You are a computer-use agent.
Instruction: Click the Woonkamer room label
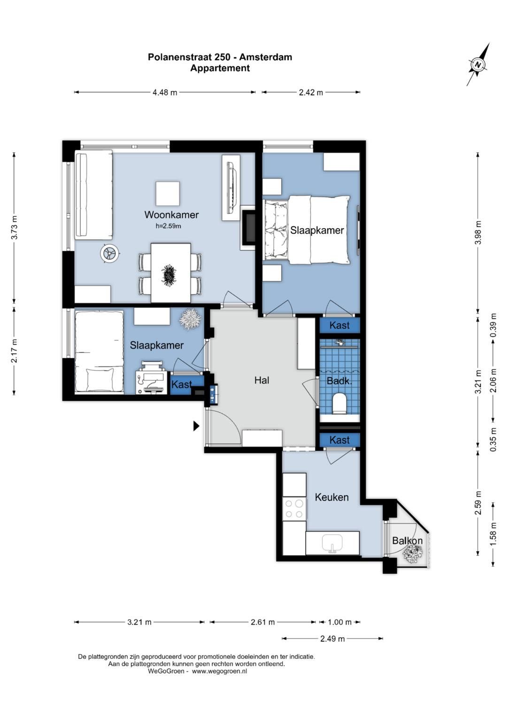point(171,215)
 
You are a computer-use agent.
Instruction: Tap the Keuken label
point(331,497)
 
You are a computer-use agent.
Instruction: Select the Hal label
point(261,380)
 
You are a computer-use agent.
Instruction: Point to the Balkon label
point(407,540)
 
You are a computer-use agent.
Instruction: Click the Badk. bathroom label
point(339,381)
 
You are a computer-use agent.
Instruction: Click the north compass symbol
point(478,65)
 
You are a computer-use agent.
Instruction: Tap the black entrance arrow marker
point(196,426)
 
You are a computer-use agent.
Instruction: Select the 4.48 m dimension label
point(165,93)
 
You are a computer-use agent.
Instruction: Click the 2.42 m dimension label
point(311,93)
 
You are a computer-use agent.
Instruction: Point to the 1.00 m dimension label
point(339,622)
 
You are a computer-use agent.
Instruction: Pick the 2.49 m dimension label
point(332,639)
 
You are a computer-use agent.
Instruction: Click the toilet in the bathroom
point(339,404)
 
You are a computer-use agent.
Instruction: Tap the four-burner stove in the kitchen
point(294,509)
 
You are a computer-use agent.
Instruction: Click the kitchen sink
point(332,543)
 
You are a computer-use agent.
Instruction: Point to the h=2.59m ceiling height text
point(169,226)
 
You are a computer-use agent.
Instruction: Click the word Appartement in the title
point(220,68)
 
